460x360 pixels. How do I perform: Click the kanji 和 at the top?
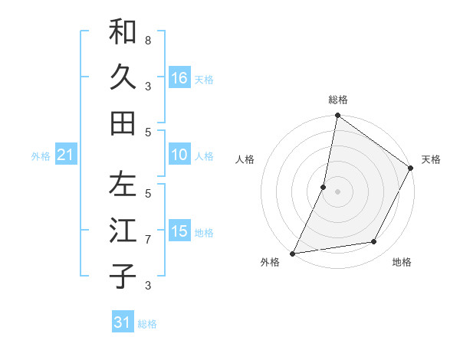tap(123, 33)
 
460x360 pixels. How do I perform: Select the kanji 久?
tap(123, 77)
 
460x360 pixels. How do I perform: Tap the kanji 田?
tap(123, 123)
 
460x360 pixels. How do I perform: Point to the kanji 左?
tap(123, 185)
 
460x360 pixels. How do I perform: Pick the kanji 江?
tap(123, 231)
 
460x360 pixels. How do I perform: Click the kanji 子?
tap(123, 276)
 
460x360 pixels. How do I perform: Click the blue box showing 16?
tap(179, 78)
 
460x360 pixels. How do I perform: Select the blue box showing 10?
tap(179, 155)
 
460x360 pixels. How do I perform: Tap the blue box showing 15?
tap(179, 231)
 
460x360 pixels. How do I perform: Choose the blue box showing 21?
tap(65, 155)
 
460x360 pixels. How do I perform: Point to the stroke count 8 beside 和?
tap(148, 40)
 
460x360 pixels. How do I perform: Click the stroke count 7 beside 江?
tap(148, 240)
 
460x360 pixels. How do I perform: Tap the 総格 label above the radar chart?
tap(338, 100)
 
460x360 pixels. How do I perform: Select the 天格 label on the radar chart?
tap(431, 159)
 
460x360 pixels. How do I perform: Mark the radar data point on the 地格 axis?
tap(374, 242)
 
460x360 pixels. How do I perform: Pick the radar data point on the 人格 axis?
tap(324, 187)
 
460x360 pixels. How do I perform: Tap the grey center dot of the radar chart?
tap(338, 191)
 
